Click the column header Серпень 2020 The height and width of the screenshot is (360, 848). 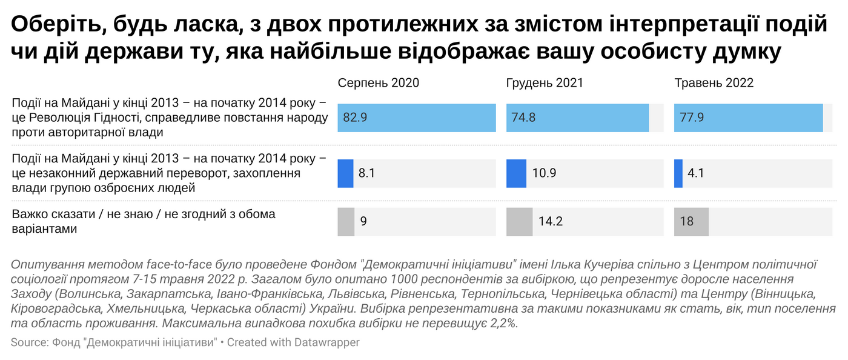[378, 83]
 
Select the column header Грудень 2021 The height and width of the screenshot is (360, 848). [545, 83]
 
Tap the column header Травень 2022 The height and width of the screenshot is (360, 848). [714, 83]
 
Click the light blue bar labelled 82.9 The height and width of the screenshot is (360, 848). [417, 118]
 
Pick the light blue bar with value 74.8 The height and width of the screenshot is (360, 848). [577, 118]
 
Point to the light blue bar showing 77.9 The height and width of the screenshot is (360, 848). [748, 118]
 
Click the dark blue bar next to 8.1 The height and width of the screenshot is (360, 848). [345, 173]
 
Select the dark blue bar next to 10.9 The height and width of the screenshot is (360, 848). [516, 173]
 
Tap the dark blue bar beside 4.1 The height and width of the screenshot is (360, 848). [678, 173]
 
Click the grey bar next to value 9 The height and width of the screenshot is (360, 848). [345, 222]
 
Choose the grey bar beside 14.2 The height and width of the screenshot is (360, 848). [519, 222]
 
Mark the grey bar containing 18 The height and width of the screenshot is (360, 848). [691, 222]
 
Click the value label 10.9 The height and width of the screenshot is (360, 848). [545, 173]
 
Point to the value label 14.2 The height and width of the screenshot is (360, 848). [551, 222]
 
